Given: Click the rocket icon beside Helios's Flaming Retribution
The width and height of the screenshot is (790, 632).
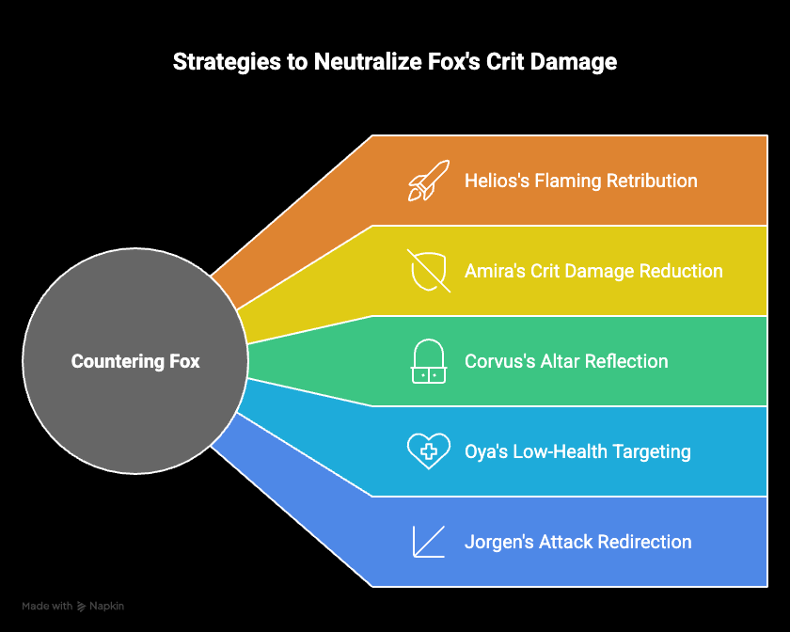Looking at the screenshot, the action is click(428, 181).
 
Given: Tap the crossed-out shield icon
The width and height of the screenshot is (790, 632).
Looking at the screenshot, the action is click(429, 271).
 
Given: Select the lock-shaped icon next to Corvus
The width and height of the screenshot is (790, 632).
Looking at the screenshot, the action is click(429, 361).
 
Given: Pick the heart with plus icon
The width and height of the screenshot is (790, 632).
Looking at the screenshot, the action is click(429, 451).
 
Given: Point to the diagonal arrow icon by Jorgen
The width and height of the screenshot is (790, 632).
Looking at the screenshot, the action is click(429, 542).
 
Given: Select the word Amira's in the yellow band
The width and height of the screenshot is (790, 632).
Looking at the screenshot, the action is click(496, 271).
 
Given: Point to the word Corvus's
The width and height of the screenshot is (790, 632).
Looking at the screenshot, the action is click(499, 361).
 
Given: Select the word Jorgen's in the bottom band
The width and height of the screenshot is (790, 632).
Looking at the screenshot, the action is click(499, 542).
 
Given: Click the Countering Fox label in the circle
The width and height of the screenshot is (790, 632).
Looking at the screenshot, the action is click(135, 361).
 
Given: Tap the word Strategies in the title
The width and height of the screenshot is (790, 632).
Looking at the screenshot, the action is click(227, 62).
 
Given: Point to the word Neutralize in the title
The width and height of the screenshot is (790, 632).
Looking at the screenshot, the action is click(368, 61).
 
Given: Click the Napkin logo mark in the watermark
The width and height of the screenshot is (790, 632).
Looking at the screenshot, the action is click(81, 607).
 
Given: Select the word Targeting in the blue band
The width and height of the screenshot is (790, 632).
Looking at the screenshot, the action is click(652, 451).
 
